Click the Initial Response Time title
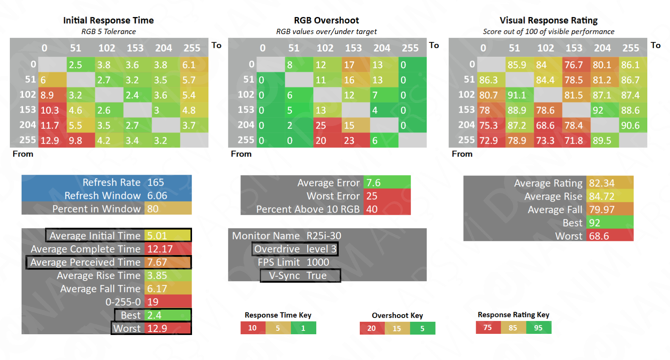(108, 20)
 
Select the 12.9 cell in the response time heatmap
(52, 141)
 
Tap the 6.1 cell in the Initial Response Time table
(194, 65)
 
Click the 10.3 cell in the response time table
(52, 110)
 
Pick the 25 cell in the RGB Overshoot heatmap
(327, 125)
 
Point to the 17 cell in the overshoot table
(356, 65)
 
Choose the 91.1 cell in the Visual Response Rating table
(519, 95)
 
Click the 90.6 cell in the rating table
(633, 125)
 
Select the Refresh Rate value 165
(156, 182)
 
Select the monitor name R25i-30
(324, 236)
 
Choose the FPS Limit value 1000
(318, 262)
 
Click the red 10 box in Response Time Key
(253, 328)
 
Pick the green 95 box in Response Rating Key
(538, 327)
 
